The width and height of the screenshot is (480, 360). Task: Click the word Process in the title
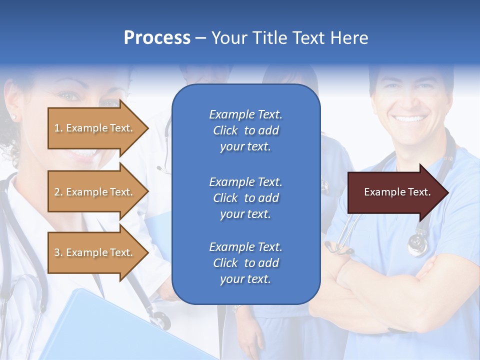pyautogui.click(x=157, y=37)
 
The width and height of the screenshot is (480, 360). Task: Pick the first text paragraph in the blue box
pyautogui.click(x=245, y=130)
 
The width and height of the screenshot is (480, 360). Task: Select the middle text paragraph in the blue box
pyautogui.click(x=245, y=198)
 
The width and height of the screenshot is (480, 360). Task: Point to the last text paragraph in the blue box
pyautogui.click(x=245, y=263)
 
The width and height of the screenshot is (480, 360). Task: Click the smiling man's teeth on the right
pyautogui.click(x=409, y=118)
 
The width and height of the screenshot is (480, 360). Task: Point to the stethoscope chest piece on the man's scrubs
pyautogui.click(x=417, y=245)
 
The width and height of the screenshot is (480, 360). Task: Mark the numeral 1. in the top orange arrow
pyautogui.click(x=58, y=128)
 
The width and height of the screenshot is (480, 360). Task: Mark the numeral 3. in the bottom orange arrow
pyautogui.click(x=58, y=252)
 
